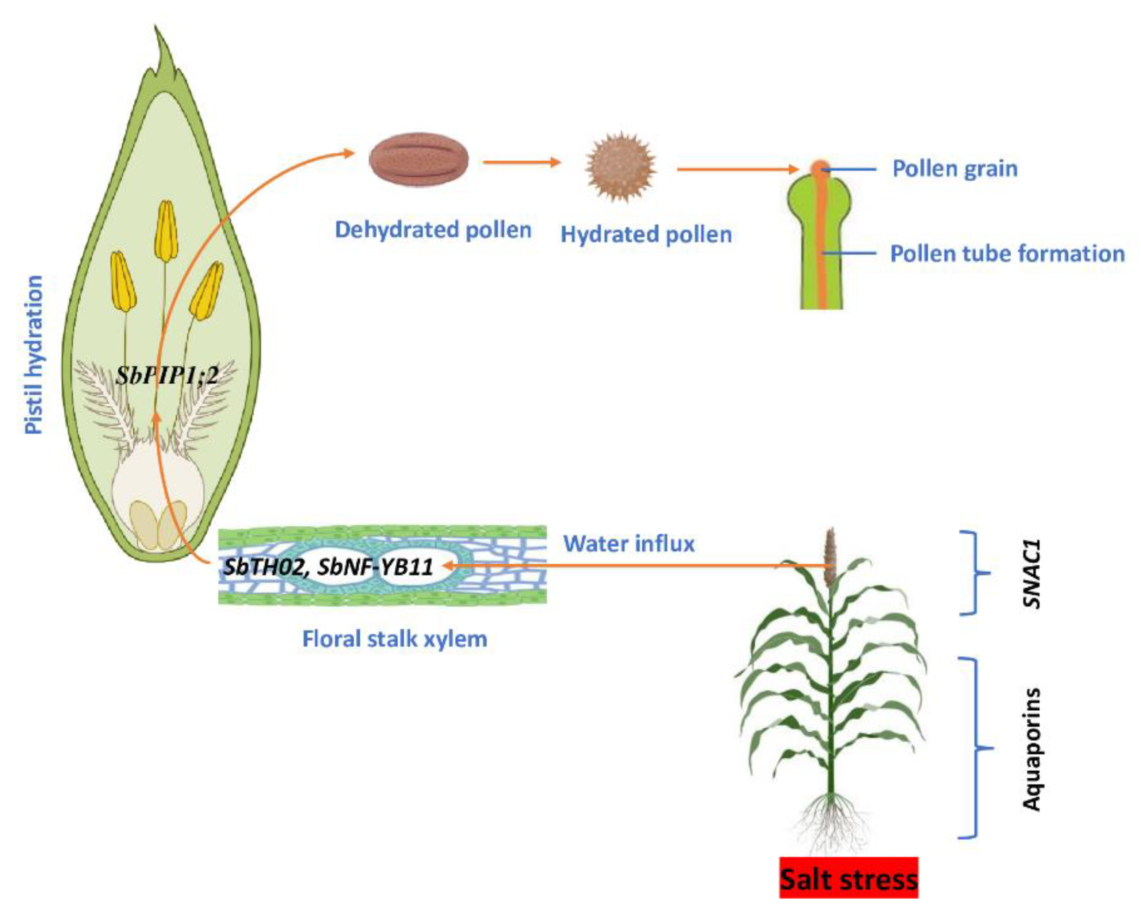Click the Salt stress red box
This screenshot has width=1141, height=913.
848,880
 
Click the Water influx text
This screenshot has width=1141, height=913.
629,544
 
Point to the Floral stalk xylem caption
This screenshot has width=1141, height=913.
395,639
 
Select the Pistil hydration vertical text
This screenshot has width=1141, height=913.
34,355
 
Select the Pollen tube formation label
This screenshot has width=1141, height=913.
1007,254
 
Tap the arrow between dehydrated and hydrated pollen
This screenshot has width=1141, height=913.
521,162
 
